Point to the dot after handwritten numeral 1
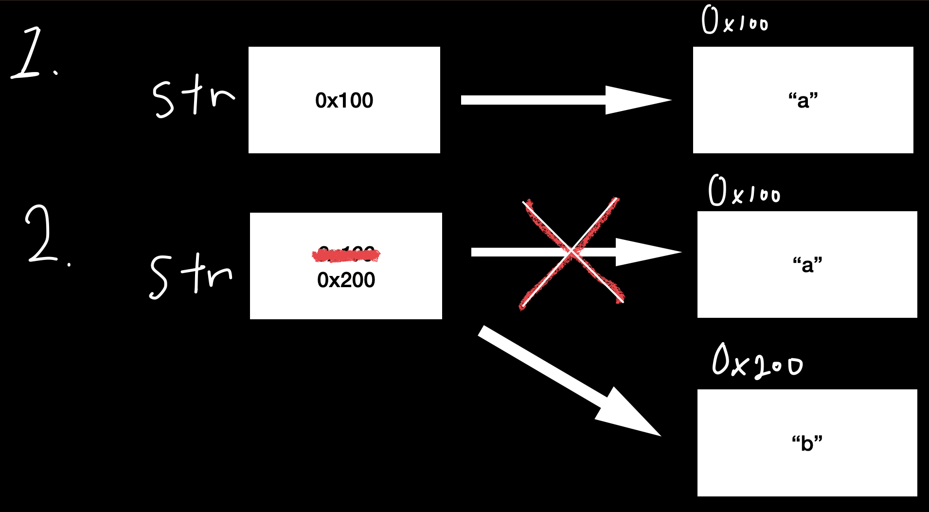(x=56, y=73)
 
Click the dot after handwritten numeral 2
(x=69, y=264)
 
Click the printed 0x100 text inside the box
(x=344, y=101)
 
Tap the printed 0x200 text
(x=346, y=280)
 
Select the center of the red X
(x=572, y=252)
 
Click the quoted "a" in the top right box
(x=803, y=100)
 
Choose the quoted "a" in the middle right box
(x=807, y=265)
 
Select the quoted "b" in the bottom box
(x=807, y=443)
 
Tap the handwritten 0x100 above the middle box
(x=744, y=191)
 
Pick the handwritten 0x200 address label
(x=757, y=361)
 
